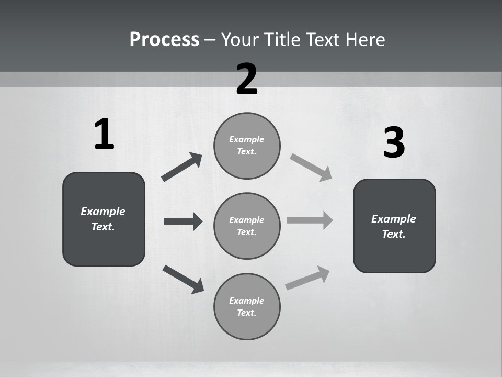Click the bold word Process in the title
point(164,39)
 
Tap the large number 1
point(104,134)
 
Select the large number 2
point(247,79)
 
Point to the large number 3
point(394,142)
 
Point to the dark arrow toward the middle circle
point(183,221)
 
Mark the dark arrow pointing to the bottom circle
point(183,279)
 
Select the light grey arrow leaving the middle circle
point(310,220)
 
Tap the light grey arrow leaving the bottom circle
point(307,278)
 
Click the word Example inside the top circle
point(247,139)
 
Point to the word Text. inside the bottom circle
point(247,313)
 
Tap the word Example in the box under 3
point(394,219)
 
